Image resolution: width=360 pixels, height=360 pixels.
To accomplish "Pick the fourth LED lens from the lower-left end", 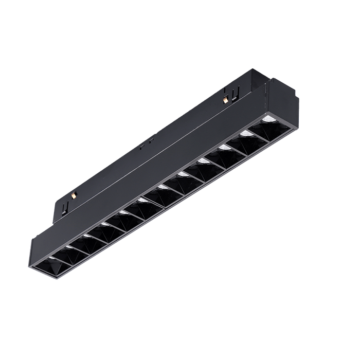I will (x=105, y=224).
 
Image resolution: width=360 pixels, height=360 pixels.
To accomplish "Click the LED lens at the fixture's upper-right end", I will (x=266, y=120).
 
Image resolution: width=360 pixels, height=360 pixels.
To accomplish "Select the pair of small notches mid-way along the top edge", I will (x=145, y=146).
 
